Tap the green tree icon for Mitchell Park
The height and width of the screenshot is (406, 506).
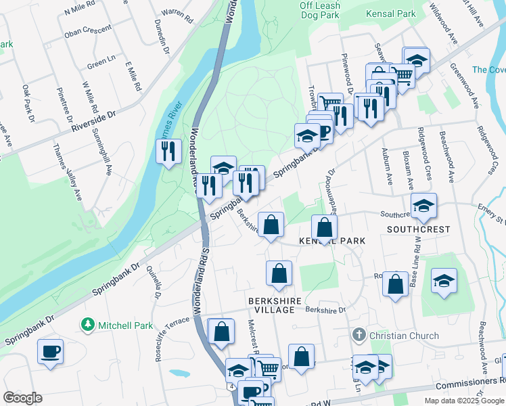pyautogui.click(x=87, y=325)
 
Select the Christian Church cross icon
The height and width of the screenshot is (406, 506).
pyautogui.click(x=359, y=335)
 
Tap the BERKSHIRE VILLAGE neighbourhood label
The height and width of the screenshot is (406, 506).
pyautogui.click(x=271, y=305)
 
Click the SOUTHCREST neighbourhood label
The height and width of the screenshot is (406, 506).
pyautogui.click(x=418, y=229)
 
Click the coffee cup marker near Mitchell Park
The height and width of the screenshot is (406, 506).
pyautogui.click(x=50, y=351)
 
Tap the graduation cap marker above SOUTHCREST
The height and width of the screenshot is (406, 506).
pyautogui.click(x=423, y=205)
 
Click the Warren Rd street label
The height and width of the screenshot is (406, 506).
pyautogui.click(x=172, y=13)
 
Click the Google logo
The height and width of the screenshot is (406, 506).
pyautogui.click(x=22, y=398)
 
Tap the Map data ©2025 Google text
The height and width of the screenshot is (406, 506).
pyautogui.click(x=463, y=400)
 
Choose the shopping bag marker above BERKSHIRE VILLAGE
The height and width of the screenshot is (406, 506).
pyautogui.click(x=279, y=273)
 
